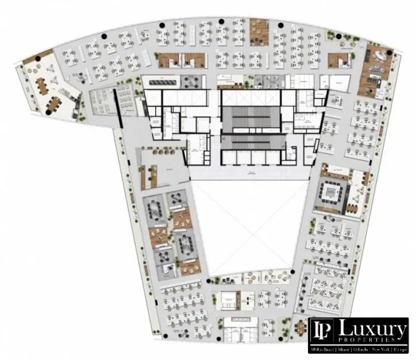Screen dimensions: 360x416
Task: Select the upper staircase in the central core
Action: [250, 118]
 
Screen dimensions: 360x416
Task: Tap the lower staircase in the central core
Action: [250, 143]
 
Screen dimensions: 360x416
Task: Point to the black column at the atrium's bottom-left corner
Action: [209, 282]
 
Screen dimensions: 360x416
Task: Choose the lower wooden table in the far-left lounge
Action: [54, 102]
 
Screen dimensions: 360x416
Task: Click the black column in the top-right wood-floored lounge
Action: [389, 53]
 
